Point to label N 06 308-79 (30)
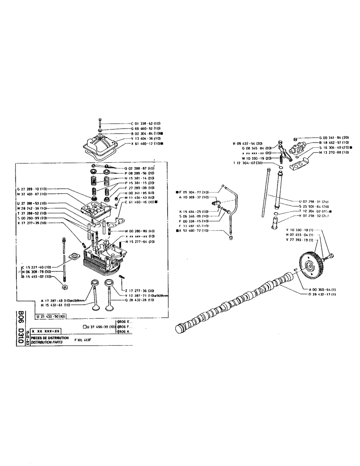pyautogui.click(x=39, y=271)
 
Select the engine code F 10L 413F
pyautogui.click(x=85, y=340)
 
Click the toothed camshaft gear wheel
pyautogui.click(x=311, y=267)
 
